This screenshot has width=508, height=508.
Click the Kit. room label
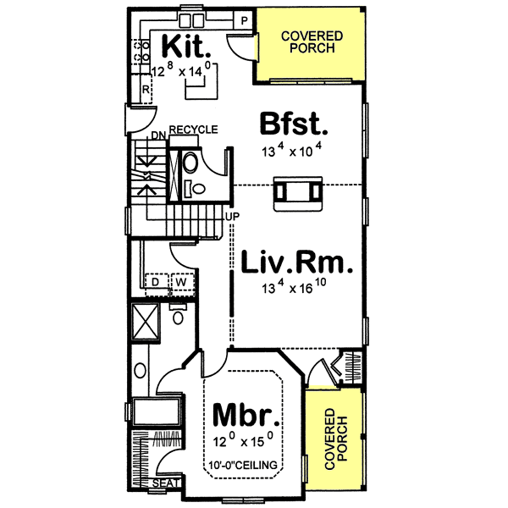(x=183, y=43)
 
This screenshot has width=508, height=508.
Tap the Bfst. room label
(x=293, y=124)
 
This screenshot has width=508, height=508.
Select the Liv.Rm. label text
(x=292, y=263)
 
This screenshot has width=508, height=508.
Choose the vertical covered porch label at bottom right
(x=335, y=439)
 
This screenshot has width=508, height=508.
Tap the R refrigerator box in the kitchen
(x=146, y=89)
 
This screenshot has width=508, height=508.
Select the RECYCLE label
(x=193, y=130)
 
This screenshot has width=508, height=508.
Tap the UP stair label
(x=230, y=216)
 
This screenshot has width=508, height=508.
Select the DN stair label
(x=157, y=135)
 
